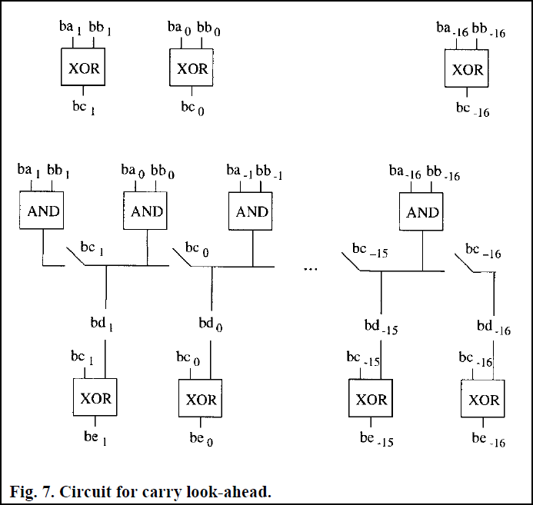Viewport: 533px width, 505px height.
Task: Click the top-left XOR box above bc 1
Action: pos(82,69)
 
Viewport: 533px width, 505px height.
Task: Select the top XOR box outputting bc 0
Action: pos(192,69)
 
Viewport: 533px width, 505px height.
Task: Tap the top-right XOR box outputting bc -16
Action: pos(467,69)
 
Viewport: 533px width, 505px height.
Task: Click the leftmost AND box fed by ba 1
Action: pos(42,211)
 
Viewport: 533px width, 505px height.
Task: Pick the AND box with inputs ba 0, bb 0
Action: pos(147,211)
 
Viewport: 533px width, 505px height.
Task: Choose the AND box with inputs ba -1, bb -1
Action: pos(252,211)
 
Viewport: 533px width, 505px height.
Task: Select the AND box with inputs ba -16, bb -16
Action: pos(422,213)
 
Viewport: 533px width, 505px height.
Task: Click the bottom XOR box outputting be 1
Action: pos(95,399)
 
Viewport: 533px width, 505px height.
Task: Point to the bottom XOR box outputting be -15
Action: pos(371,400)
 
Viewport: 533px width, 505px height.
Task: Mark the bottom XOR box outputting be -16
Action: pos(484,400)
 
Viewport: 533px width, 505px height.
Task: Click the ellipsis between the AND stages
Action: pos(311,270)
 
